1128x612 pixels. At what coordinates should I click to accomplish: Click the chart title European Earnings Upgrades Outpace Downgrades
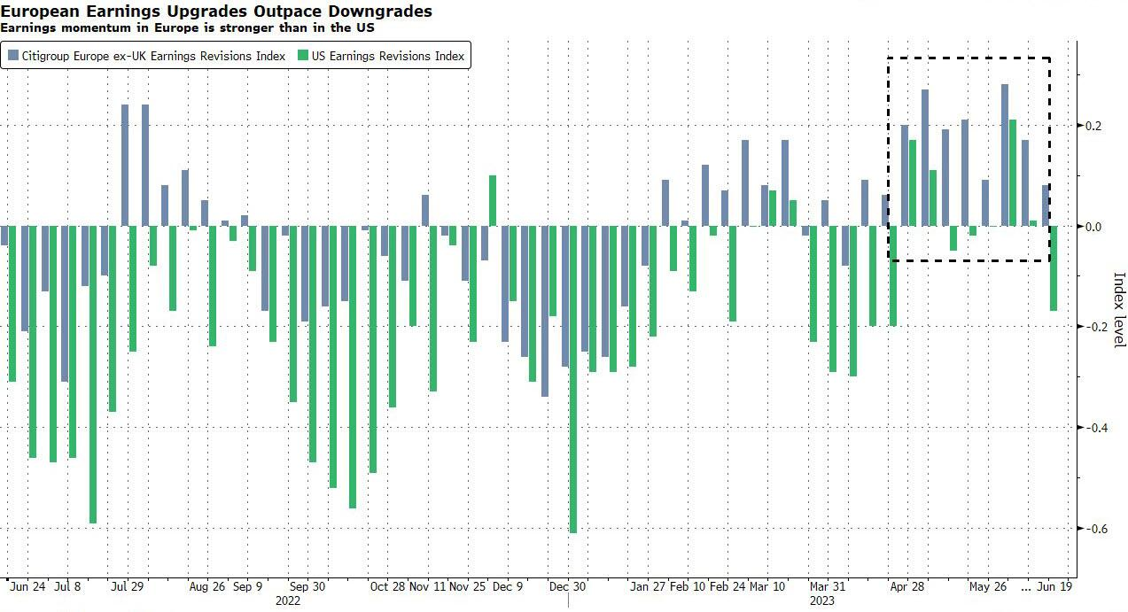(216, 11)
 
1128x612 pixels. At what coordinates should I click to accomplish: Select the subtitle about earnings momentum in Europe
(187, 27)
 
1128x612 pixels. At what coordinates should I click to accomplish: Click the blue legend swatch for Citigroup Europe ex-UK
(13, 56)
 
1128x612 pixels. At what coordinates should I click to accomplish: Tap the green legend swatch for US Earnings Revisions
(303, 56)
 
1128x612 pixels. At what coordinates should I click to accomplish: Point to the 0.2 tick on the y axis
(1094, 126)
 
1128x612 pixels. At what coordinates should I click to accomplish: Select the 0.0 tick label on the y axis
(1094, 227)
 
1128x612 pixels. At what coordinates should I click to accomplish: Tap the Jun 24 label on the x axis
(28, 586)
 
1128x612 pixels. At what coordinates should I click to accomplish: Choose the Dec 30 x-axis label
(567, 586)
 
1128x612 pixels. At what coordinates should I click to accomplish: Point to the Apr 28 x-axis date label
(907, 586)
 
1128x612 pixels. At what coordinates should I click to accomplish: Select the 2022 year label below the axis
(288, 600)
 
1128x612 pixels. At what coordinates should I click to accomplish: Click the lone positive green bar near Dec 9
(493, 201)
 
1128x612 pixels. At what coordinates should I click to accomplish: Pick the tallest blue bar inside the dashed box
(1005, 155)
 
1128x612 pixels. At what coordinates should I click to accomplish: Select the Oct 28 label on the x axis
(387, 586)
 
